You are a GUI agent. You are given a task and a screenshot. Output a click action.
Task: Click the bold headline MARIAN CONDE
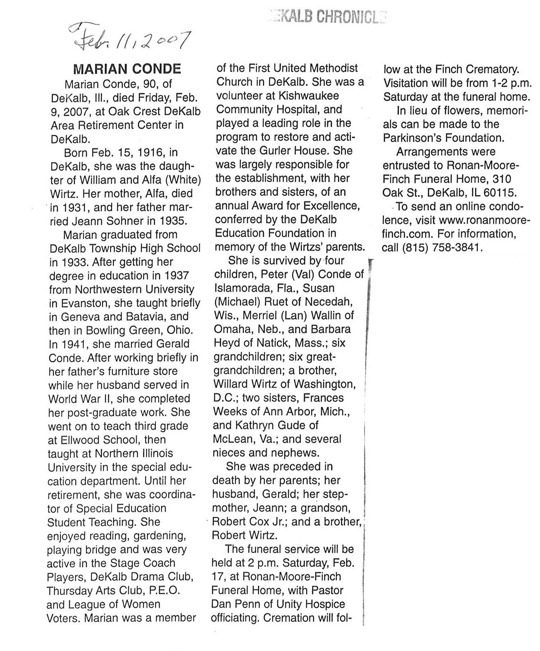tap(126, 68)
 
